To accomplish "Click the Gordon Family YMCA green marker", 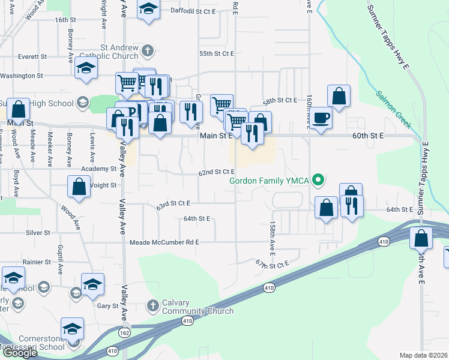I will [320, 179].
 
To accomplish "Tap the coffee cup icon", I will [321, 118].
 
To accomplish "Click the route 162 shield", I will [124, 332].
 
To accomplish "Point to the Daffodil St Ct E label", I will [193, 11].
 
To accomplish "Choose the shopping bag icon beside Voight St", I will [79, 187].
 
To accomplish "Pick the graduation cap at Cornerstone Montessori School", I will [72, 329].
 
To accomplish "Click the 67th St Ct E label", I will [272, 263].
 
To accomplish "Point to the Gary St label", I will [108, 305].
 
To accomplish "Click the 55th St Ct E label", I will [217, 53].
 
